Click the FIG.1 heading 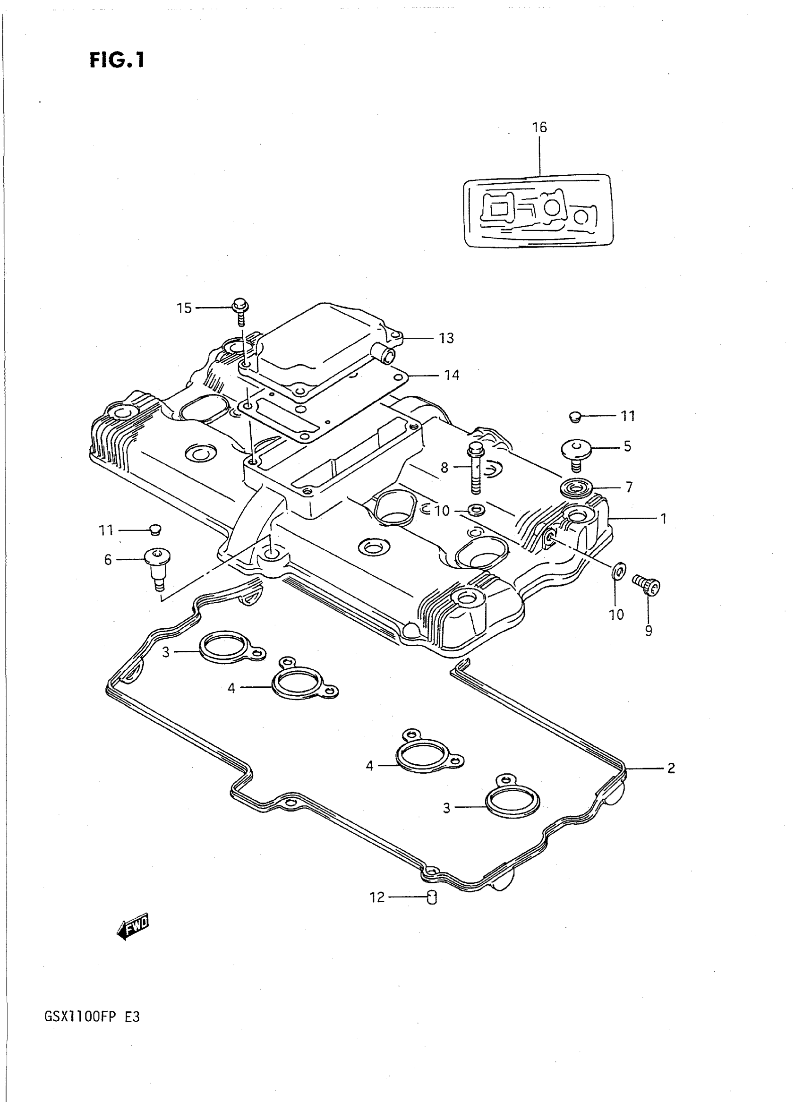[x=117, y=60]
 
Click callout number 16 [x=539, y=128]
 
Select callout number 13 [x=446, y=338]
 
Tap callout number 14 [x=452, y=375]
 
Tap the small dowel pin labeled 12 [x=432, y=897]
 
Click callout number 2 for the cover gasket [x=671, y=768]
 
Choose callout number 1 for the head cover [x=663, y=519]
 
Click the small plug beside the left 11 [x=155, y=530]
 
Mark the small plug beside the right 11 [x=575, y=416]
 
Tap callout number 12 [x=377, y=897]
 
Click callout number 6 [x=108, y=560]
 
